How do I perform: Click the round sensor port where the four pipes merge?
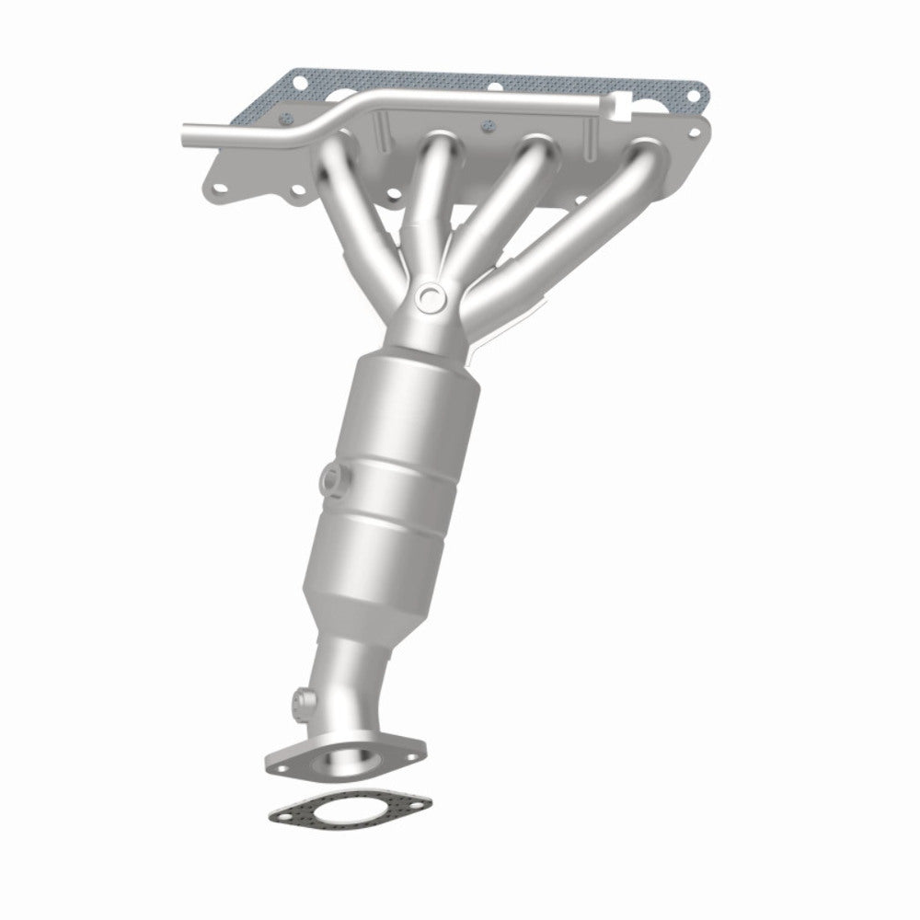pyautogui.click(x=428, y=296)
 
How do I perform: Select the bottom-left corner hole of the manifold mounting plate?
pyautogui.click(x=216, y=189)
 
